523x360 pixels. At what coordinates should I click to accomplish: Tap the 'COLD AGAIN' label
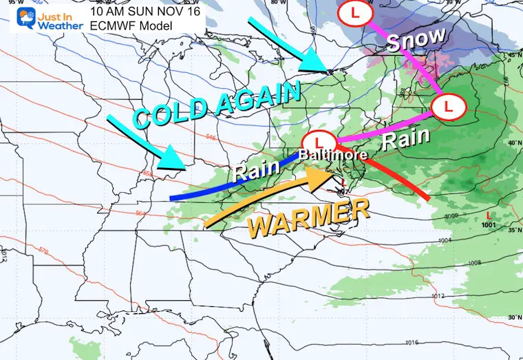[x=217, y=105]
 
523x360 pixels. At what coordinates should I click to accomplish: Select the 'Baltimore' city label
[x=325, y=155]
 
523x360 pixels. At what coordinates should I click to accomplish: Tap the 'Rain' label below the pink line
[x=406, y=140]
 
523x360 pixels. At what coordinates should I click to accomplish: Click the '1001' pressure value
[x=489, y=224]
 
